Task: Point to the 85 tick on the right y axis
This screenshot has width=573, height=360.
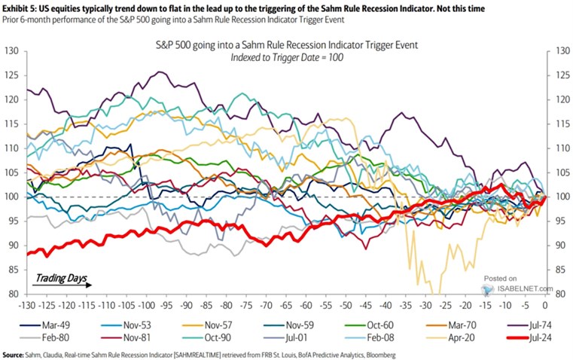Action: point(558,269)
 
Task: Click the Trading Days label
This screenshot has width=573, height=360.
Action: point(56,277)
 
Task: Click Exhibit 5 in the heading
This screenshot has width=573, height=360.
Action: point(23,7)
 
